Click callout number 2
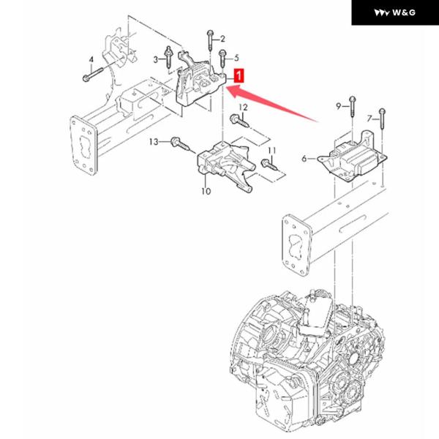[x=222, y=38]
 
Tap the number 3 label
[x=157, y=59]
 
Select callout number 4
[x=91, y=59]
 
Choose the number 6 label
[x=304, y=158]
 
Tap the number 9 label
[x=339, y=107]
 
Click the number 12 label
[x=244, y=108]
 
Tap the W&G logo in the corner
[x=394, y=13]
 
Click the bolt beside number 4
[x=90, y=74]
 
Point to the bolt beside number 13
[x=179, y=143]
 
